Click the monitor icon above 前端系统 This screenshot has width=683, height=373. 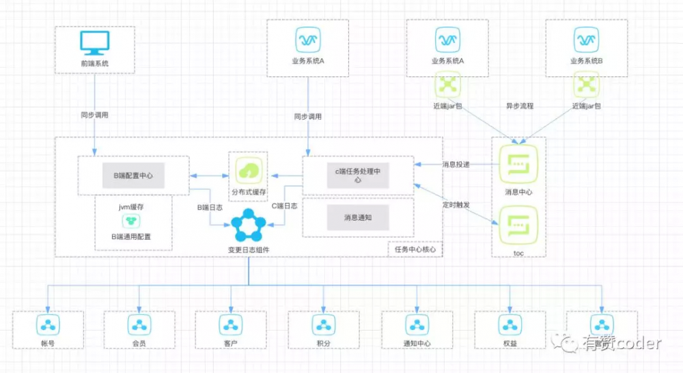tap(94, 42)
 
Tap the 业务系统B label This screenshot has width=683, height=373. tap(586, 61)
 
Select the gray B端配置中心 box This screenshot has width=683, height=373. tap(133, 176)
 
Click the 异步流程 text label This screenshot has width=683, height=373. tap(519, 107)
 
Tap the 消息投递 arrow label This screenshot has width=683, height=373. tap(456, 164)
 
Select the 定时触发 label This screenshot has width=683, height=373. tap(456, 204)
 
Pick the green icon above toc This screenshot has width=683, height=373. tap(518, 225)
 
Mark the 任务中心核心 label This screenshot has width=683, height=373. tap(415, 249)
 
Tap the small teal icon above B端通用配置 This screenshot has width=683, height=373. tap(133, 221)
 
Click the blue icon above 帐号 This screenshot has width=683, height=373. tap(48, 324)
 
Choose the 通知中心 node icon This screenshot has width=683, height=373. tap(416, 324)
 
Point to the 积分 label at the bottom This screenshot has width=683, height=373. tap(323, 343)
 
